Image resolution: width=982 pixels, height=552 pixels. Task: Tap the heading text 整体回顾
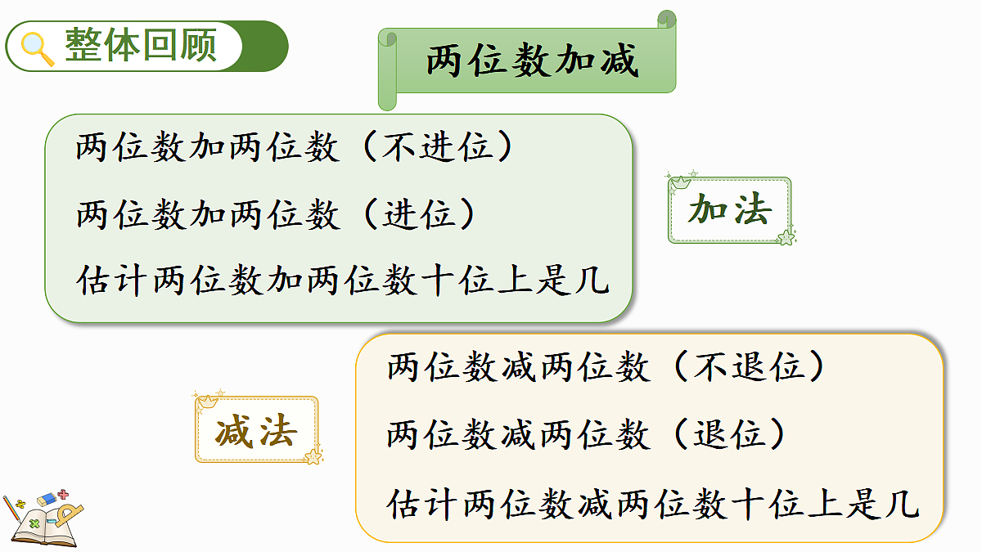[x=140, y=45]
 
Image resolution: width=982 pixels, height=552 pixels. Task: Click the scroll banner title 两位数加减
[x=531, y=61]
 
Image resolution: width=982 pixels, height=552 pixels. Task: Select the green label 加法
[x=729, y=210]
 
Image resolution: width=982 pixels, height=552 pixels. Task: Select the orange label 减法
[x=255, y=430]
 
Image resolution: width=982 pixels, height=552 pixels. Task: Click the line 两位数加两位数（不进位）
[x=295, y=148]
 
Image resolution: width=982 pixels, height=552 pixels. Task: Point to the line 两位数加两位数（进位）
[x=277, y=215]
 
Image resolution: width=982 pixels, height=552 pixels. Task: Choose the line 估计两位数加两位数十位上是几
[x=343, y=281]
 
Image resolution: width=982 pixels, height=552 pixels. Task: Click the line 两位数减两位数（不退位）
[x=606, y=368]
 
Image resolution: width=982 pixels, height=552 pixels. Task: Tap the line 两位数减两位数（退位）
[x=587, y=434]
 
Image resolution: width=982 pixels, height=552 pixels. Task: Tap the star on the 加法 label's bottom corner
[x=786, y=237]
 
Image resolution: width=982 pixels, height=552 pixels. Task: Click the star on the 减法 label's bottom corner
[x=313, y=456]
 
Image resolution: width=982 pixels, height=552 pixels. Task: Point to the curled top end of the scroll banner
[x=667, y=18]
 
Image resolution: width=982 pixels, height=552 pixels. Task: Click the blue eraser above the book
[x=46, y=499]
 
